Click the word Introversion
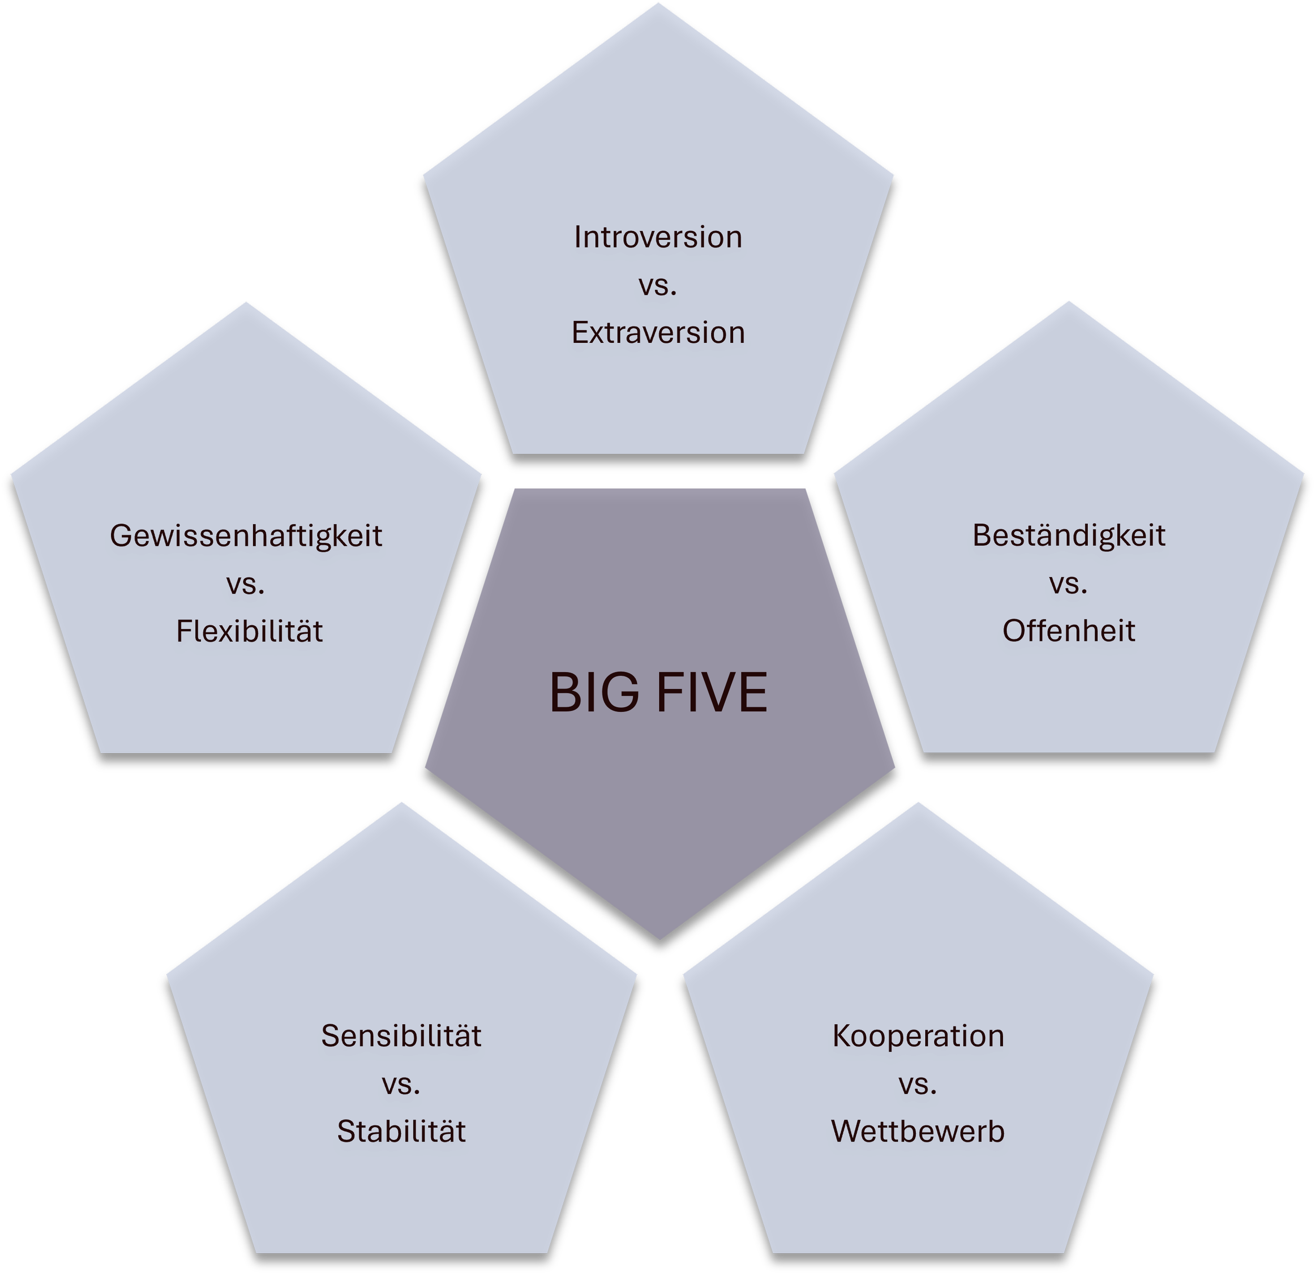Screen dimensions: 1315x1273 tap(657, 238)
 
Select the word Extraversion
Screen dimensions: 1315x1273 tap(657, 333)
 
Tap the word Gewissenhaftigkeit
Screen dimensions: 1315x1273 tap(246, 536)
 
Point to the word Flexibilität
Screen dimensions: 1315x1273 tap(249, 631)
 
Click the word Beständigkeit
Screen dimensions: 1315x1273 tap(1068, 536)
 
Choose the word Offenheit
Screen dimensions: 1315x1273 tap(1068, 630)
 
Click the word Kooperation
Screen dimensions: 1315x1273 tap(918, 1035)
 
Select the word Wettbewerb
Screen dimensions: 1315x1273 tap(918, 1131)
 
